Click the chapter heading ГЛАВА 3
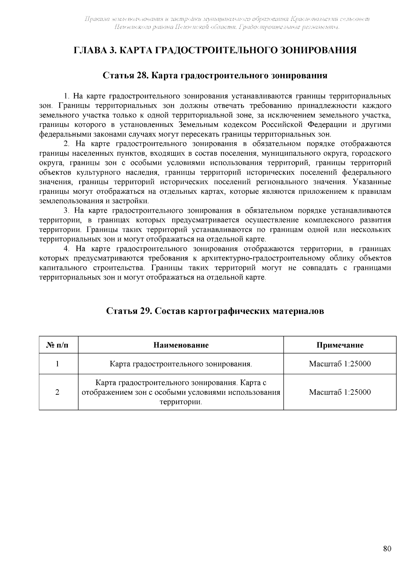tap(215, 50)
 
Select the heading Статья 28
tap(215, 75)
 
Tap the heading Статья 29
tap(215, 311)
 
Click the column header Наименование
tap(181, 345)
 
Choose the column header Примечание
tap(340, 345)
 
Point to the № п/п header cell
tap(58, 345)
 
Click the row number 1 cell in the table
tap(58, 364)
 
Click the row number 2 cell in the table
tap(58, 392)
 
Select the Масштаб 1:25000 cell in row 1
tap(340, 364)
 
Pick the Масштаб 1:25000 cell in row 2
tap(340, 392)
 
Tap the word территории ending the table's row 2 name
tap(180, 402)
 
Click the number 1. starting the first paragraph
tap(66, 96)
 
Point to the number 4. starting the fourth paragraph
tap(67, 249)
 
